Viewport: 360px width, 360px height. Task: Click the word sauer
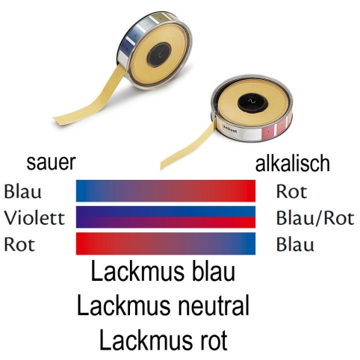[x=51, y=163]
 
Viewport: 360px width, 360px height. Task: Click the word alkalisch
[x=293, y=163]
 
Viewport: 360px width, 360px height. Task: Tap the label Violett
[x=34, y=218]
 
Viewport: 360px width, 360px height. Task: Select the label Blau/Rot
[x=315, y=218]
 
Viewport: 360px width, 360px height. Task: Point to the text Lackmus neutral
[x=163, y=305]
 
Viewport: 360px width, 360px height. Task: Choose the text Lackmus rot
[x=163, y=339]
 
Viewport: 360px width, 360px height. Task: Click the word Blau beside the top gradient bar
[x=22, y=191]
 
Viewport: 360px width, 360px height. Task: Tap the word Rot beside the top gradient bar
[x=291, y=191]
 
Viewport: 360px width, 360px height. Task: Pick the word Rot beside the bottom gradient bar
[x=19, y=244]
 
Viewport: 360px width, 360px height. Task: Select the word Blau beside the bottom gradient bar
[x=295, y=244]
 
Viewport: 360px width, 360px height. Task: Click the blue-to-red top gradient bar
[x=166, y=190]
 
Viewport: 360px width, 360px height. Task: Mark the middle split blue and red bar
[x=166, y=217]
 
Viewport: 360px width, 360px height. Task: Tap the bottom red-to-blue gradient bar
[x=166, y=243]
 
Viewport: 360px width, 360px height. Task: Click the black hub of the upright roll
[x=159, y=54]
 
